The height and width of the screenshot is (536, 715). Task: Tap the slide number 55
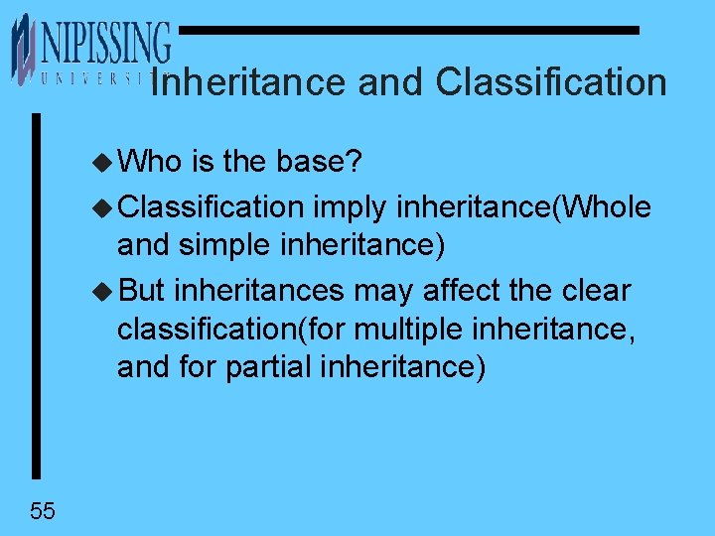click(x=43, y=511)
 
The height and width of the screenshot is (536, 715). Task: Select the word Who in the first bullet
click(x=149, y=161)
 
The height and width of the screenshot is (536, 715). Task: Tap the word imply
click(x=351, y=207)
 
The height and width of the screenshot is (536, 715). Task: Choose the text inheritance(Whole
click(x=523, y=206)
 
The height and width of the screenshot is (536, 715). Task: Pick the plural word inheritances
click(x=259, y=291)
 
